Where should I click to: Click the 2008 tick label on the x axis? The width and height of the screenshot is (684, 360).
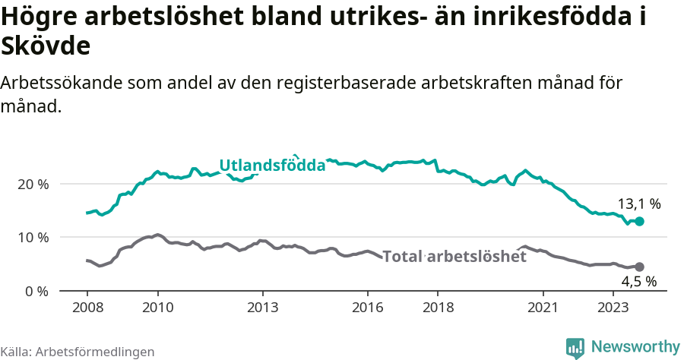click(x=87, y=307)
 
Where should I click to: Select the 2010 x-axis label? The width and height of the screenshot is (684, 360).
click(x=157, y=307)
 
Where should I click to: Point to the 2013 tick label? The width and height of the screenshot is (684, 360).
click(x=263, y=307)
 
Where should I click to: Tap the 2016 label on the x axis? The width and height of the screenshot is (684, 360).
click(x=368, y=307)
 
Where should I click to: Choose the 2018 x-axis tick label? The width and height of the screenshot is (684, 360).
click(x=438, y=307)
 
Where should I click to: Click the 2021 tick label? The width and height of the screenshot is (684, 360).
click(x=543, y=307)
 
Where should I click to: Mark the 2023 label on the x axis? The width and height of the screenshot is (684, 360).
click(x=613, y=307)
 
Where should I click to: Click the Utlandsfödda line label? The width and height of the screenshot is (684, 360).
click(x=272, y=166)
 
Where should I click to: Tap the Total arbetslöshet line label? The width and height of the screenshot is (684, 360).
click(x=454, y=257)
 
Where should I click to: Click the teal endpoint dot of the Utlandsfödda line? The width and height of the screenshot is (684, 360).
click(x=640, y=221)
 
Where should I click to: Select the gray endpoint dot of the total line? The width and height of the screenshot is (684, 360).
click(x=640, y=267)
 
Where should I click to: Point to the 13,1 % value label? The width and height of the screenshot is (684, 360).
click(x=638, y=204)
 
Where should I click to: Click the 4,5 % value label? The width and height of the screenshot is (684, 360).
click(x=638, y=282)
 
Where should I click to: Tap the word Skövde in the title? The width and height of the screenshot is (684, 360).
click(x=46, y=46)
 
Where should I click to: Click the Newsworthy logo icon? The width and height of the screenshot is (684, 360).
click(x=575, y=348)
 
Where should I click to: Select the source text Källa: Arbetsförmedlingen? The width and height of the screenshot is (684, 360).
click(x=78, y=352)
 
